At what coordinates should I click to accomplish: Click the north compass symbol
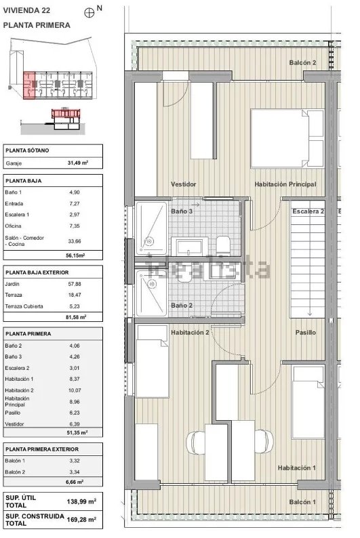[89, 13]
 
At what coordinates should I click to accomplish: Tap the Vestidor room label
[184, 184]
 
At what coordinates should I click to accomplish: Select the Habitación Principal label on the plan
[285, 184]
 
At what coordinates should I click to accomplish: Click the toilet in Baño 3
[223, 244]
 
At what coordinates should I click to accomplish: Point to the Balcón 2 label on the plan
[302, 63]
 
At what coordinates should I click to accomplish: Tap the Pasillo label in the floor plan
[306, 333]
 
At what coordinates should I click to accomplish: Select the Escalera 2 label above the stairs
[308, 211]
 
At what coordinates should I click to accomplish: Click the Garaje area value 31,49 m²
[77, 163]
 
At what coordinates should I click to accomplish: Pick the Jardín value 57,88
[75, 284]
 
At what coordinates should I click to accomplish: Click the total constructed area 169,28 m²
[81, 520]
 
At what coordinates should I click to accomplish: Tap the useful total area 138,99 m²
[81, 501]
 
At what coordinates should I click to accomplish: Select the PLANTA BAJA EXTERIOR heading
[37, 272]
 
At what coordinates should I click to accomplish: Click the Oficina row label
[13, 226]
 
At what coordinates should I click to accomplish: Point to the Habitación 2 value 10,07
[75, 390]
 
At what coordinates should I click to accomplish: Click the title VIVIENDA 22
[26, 10]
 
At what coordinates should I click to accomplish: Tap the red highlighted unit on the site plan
[29, 85]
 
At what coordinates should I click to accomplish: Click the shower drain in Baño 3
[148, 241]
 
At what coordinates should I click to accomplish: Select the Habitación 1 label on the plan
[296, 468]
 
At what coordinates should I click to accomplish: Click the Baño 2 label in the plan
[182, 306]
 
